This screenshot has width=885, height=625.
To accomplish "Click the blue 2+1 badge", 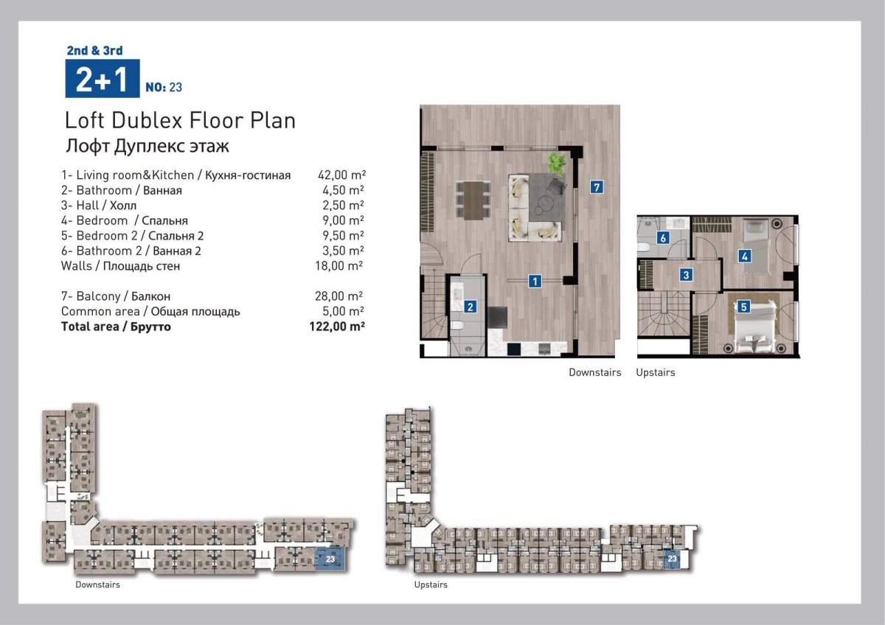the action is click(x=103, y=78).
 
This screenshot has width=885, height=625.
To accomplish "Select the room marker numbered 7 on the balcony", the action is click(x=597, y=186).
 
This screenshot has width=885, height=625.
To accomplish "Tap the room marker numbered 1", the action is click(x=535, y=281).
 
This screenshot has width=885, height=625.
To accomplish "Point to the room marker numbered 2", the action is click(x=471, y=307).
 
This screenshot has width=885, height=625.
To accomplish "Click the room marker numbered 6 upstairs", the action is click(x=663, y=238).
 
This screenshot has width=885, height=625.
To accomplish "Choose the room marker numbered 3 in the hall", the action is click(x=686, y=275).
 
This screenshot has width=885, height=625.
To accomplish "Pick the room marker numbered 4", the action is click(x=744, y=256).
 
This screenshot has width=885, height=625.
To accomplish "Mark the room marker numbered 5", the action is click(x=743, y=307).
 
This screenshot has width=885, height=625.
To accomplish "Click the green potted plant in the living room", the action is click(x=557, y=164).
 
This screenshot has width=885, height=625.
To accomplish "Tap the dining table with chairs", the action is click(x=473, y=200).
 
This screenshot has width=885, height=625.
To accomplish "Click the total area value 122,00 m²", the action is click(x=337, y=327).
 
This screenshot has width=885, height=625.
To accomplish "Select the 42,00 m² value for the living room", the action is click(x=341, y=175).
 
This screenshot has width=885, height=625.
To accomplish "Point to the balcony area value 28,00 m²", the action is click(x=339, y=296).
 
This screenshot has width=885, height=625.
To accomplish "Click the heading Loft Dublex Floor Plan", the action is click(x=180, y=120).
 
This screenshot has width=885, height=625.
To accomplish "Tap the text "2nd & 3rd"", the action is click(x=95, y=51).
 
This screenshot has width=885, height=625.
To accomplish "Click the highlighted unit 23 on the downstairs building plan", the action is click(x=330, y=559).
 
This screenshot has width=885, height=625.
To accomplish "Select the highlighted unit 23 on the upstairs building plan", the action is click(x=672, y=559).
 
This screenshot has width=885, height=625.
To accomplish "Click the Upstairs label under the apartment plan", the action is click(x=656, y=372).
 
